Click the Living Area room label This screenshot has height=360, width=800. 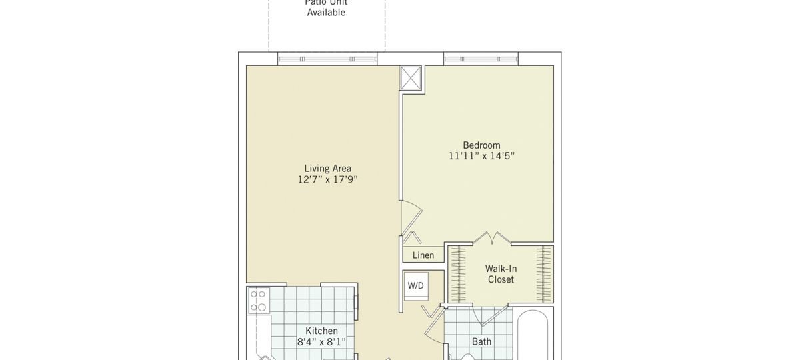coord(327,168)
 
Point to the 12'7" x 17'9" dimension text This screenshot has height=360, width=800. coord(327,180)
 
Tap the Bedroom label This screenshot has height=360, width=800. coord(481,145)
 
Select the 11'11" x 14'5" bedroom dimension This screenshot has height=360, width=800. coord(481,157)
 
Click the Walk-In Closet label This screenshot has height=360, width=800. coord(501,274)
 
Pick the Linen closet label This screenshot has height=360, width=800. coord(423,255)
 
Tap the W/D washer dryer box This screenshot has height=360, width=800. coord(415,285)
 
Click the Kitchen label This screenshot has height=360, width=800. coord(321,331)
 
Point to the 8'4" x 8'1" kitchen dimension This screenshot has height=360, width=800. coord(321,343)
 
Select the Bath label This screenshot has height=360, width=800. coord(481,341)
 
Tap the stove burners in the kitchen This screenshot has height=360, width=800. coord(257,300)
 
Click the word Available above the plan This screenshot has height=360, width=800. coord(326,13)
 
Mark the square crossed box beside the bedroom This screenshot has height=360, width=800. coord(410,78)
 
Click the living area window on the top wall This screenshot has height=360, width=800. coord(327,59)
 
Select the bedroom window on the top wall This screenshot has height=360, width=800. coord(481,59)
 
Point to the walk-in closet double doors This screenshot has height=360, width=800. coord(491,238)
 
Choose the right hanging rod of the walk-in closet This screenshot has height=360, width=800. coord(545,274)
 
